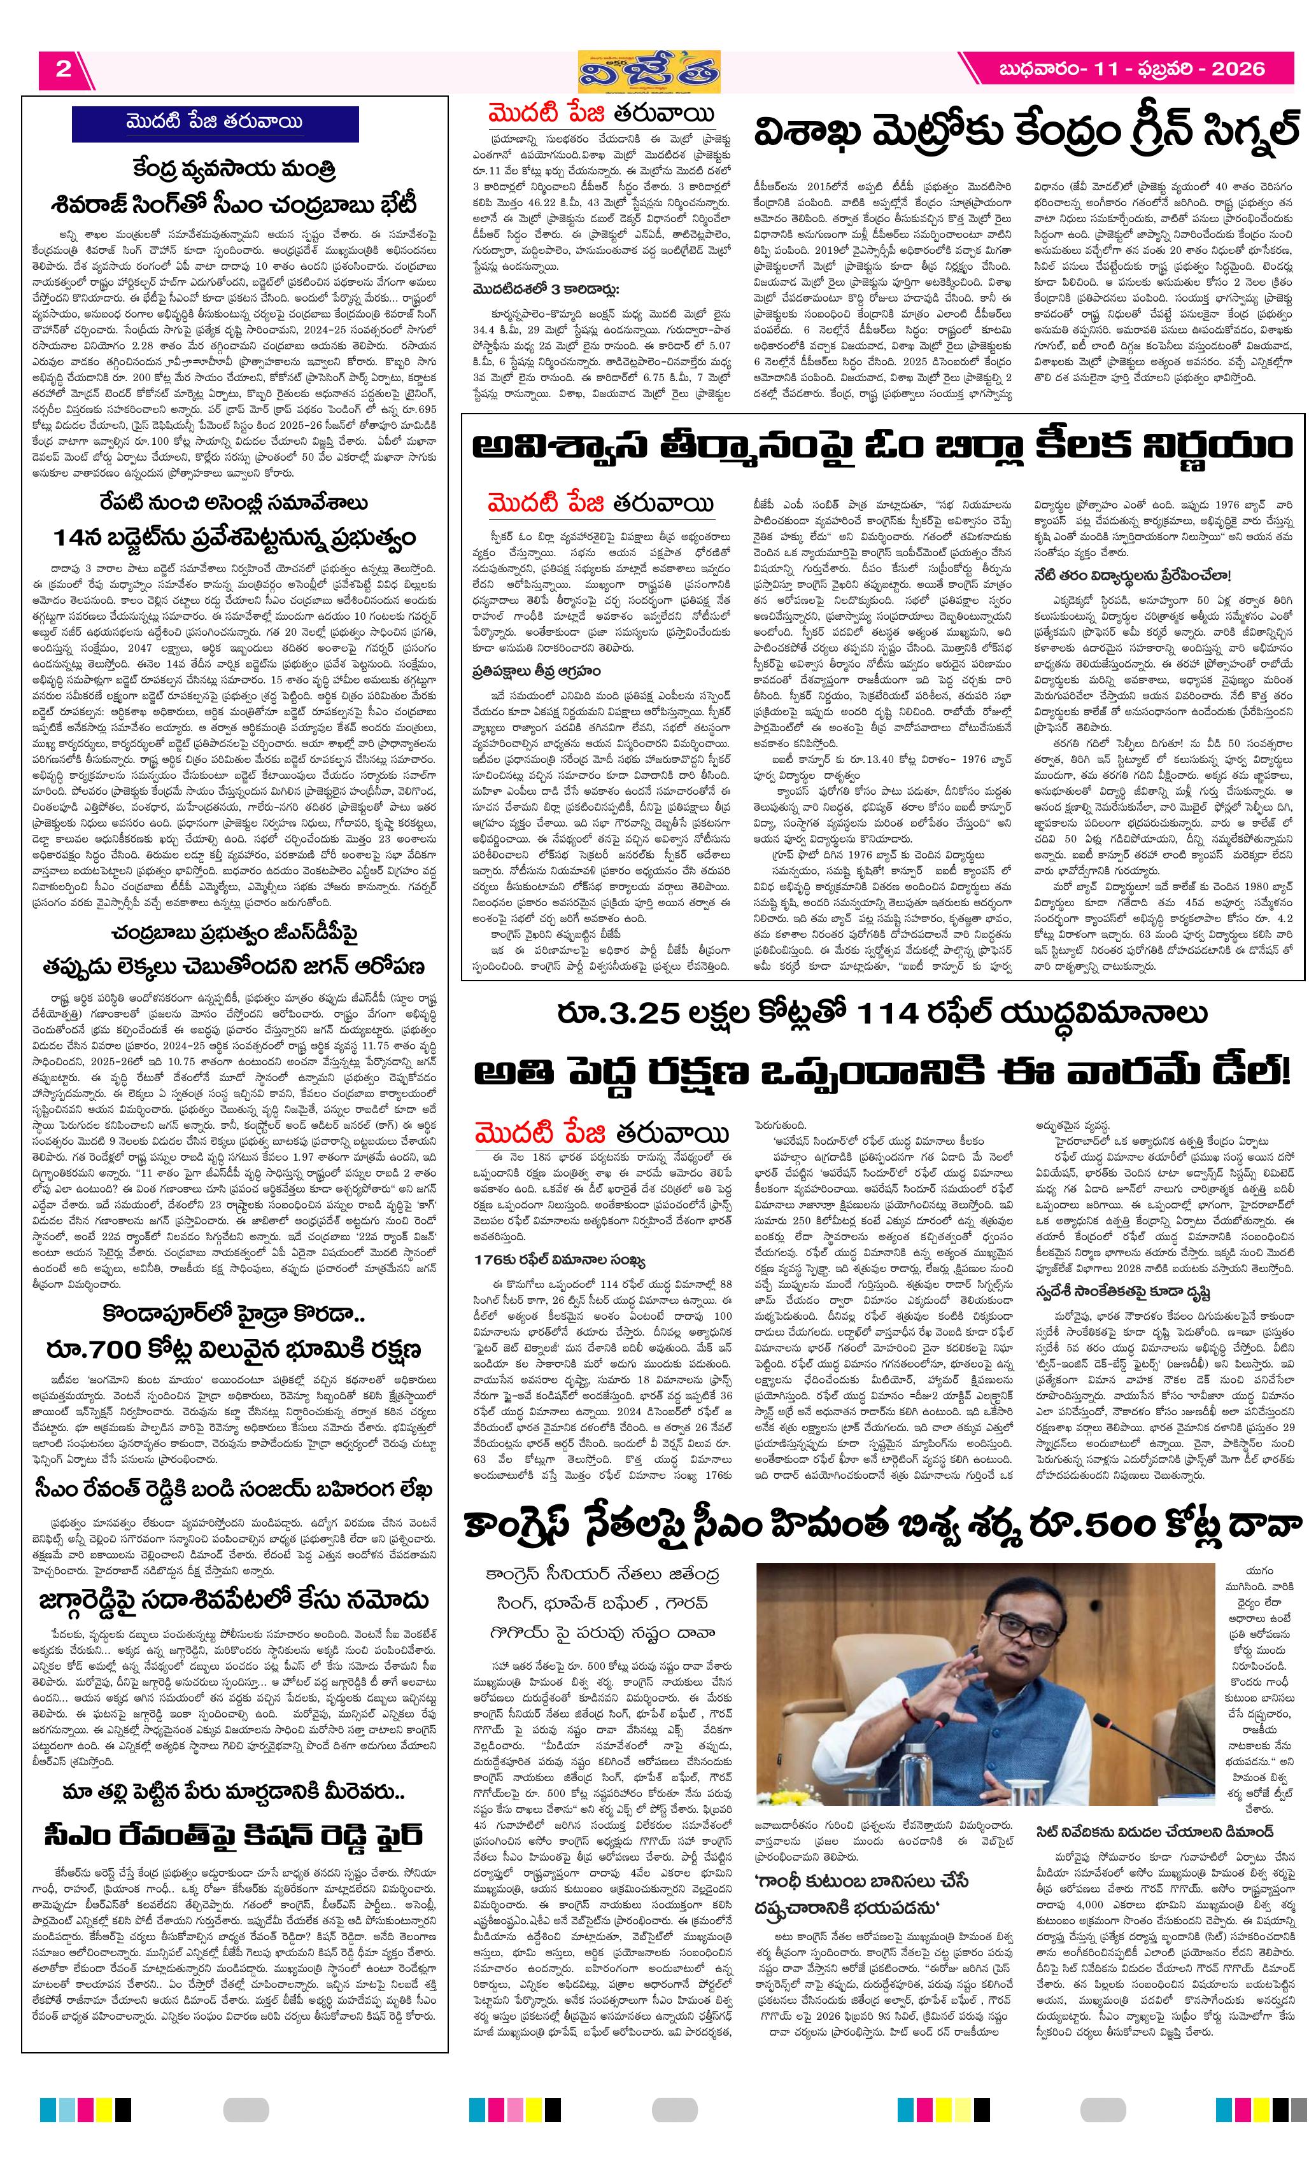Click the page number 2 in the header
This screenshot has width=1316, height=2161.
(x=63, y=69)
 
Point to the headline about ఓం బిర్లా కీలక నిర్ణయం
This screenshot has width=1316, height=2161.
(x=882, y=447)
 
